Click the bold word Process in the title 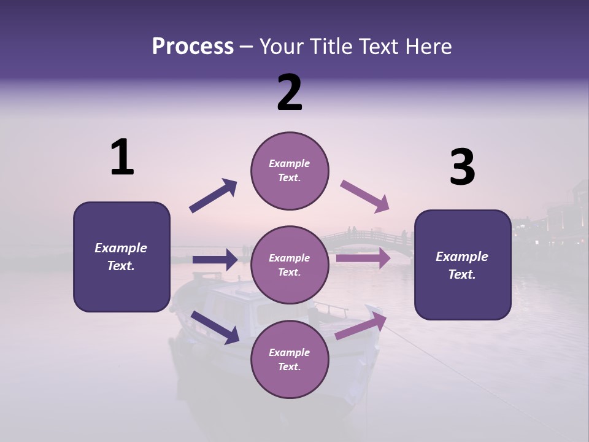click(193, 46)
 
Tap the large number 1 click(122, 158)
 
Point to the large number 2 click(290, 93)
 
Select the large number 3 click(462, 168)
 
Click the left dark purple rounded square click(121, 257)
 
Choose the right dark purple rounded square click(463, 265)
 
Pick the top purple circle click(290, 171)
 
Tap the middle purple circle click(290, 265)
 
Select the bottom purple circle click(290, 359)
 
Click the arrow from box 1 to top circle click(213, 196)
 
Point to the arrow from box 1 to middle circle click(215, 260)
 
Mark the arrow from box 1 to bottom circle click(215, 327)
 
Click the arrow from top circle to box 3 click(365, 196)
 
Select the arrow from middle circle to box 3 click(363, 258)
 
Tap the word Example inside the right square click(462, 257)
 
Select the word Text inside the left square click(121, 266)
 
